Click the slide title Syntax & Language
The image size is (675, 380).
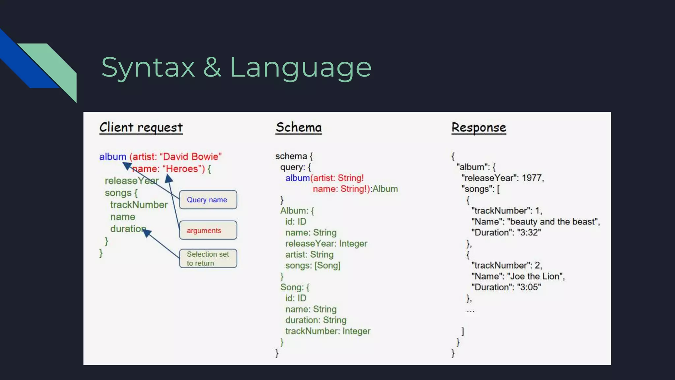(x=236, y=67)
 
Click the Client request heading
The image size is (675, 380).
(x=141, y=128)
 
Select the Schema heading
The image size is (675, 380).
(x=299, y=128)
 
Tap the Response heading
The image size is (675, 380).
(x=479, y=128)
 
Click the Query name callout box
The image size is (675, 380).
(x=208, y=200)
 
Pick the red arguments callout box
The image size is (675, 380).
(x=208, y=230)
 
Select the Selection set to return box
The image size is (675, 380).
(x=208, y=258)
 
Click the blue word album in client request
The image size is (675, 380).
(x=113, y=157)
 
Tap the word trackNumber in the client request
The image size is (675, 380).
(x=139, y=205)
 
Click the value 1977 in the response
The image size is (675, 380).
(x=532, y=178)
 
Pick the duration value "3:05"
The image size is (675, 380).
(x=529, y=287)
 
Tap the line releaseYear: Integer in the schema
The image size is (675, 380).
(x=326, y=244)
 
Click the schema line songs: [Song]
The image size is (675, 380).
(x=313, y=266)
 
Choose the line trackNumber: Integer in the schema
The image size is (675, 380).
(x=328, y=331)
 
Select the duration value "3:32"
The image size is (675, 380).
(x=529, y=233)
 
